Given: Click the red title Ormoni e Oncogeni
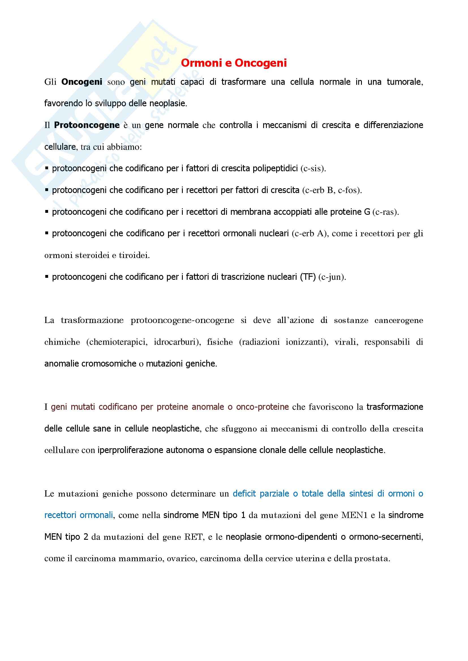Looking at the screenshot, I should (234, 63).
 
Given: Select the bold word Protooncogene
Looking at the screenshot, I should (87, 125).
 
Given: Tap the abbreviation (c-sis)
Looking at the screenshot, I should (313, 168).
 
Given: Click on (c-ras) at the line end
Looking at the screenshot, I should (386, 212).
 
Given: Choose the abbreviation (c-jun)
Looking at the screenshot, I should (332, 277).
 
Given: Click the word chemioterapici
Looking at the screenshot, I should (117, 342).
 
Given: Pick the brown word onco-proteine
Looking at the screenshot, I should (262, 407).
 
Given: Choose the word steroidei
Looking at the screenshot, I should (92, 255).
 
